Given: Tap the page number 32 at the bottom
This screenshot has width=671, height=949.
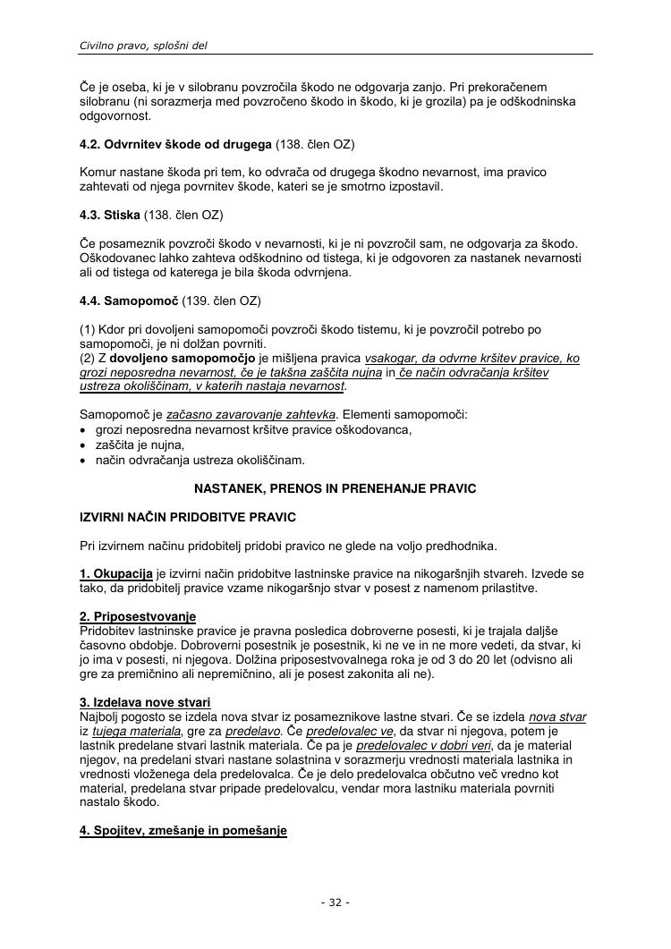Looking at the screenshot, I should click(x=335, y=902).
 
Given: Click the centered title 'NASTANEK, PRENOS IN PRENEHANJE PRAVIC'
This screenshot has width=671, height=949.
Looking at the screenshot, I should click(x=335, y=488).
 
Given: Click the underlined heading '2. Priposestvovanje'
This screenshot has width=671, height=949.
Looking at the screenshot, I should click(x=138, y=616).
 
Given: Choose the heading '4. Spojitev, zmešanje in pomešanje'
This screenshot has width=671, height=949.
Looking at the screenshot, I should click(x=183, y=831).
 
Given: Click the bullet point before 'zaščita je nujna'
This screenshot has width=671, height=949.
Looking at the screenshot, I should click(x=83, y=445).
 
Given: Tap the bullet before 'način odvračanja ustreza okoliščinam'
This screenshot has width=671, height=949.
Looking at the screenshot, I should click(x=83, y=461).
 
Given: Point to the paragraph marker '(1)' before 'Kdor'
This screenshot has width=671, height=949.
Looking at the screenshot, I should click(x=89, y=330).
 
